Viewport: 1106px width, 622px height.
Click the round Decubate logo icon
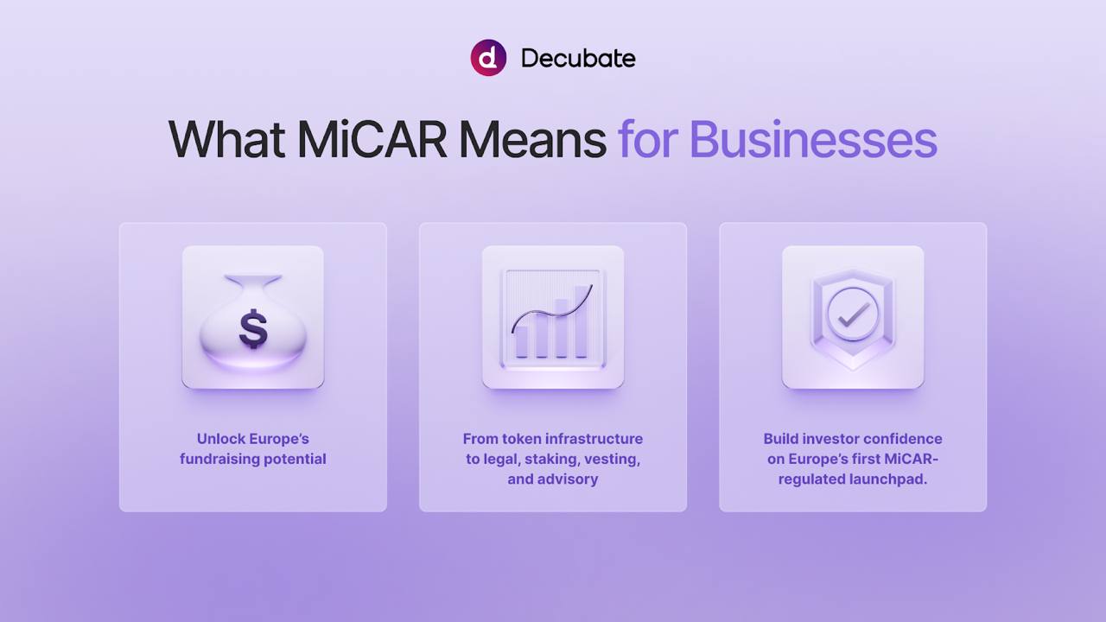point(488,58)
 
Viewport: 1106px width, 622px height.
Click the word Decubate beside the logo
point(578,58)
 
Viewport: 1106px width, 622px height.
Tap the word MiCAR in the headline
point(372,140)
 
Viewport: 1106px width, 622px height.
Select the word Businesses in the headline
point(813,140)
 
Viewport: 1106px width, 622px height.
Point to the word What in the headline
point(226,140)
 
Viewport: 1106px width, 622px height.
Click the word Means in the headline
point(533,140)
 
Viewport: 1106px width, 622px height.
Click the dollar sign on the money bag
point(253,329)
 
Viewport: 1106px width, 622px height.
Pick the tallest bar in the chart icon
point(582,321)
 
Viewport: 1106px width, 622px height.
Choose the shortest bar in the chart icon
point(521,341)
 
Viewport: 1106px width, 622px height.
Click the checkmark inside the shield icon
point(854,314)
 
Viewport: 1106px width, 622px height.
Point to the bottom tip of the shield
point(853,369)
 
